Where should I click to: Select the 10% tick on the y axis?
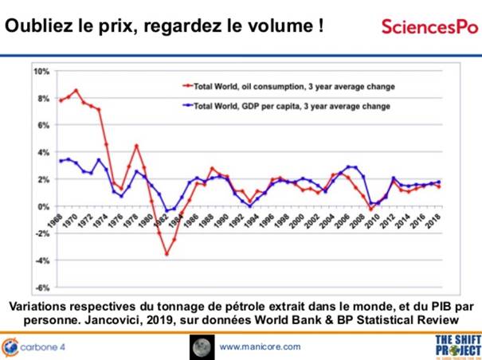[x=40, y=72]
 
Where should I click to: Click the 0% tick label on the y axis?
[x=42, y=206]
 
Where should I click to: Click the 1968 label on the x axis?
[x=57, y=219]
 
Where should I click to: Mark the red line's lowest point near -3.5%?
[x=167, y=254]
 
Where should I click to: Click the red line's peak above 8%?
[x=76, y=91]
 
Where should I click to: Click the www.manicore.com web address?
[x=260, y=346]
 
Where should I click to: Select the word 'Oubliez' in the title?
[x=37, y=25]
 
